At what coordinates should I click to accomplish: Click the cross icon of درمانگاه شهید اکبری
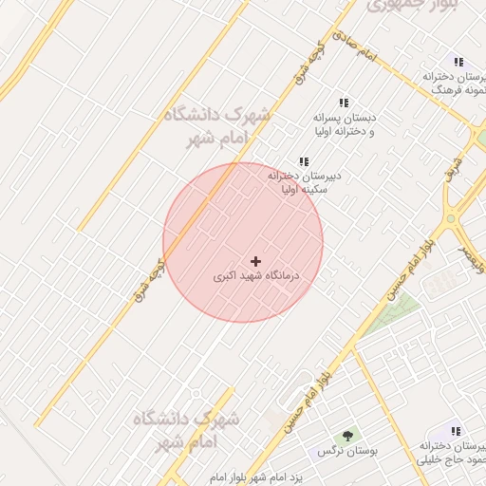255,260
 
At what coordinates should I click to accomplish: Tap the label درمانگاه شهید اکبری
255,276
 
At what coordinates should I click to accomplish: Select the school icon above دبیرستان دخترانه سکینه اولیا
304,161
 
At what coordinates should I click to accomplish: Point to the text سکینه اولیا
305,190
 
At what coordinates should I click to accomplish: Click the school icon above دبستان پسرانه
344,103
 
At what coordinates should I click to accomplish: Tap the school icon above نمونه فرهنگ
458,62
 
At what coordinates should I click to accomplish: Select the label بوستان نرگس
348,452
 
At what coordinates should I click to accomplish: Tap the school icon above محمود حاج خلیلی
456,431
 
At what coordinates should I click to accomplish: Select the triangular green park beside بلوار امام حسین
394,314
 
